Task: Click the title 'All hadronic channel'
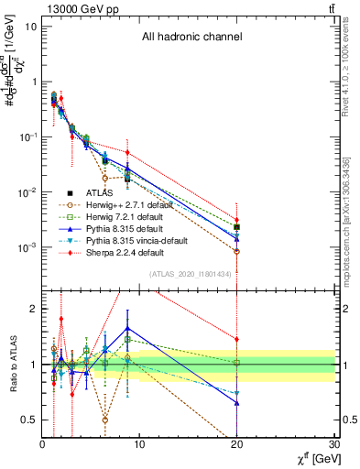coord(191,38)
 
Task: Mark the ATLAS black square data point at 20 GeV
coord(237,226)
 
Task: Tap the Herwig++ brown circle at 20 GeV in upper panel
coord(237,251)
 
